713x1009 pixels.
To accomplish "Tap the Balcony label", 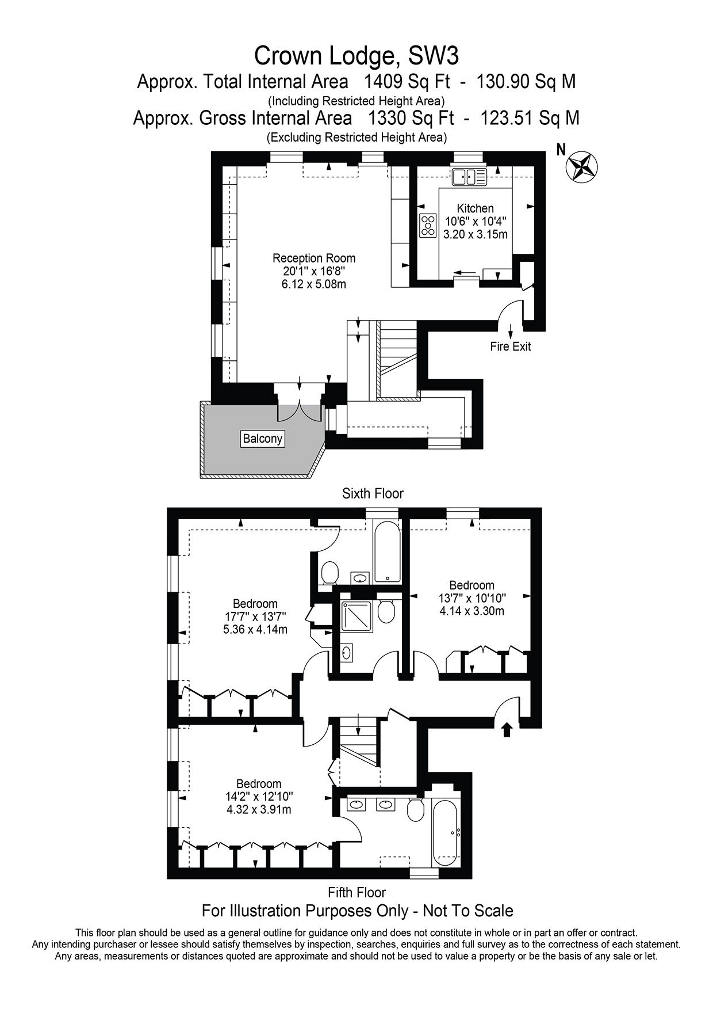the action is tap(263, 439).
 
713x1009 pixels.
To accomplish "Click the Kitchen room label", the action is tap(475, 208).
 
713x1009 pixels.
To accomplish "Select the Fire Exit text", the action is tap(510, 347).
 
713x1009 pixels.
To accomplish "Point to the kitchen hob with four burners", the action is tap(428, 225).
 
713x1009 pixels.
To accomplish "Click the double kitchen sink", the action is tap(469, 177).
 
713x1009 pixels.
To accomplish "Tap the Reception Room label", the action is tap(314, 258).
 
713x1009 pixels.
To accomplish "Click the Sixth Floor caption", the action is tap(373, 493).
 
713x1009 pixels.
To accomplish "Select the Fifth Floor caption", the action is tap(356, 893).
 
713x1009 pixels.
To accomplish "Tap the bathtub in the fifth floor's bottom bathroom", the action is tap(446, 832).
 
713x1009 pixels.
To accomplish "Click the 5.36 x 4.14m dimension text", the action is tap(255, 629).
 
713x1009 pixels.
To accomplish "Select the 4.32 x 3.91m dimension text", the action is tap(259, 809).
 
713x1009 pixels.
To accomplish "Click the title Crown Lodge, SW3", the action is tap(356, 56).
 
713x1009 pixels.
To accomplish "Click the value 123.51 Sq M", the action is tap(530, 118).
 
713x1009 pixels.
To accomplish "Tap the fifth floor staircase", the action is tap(358, 747).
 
